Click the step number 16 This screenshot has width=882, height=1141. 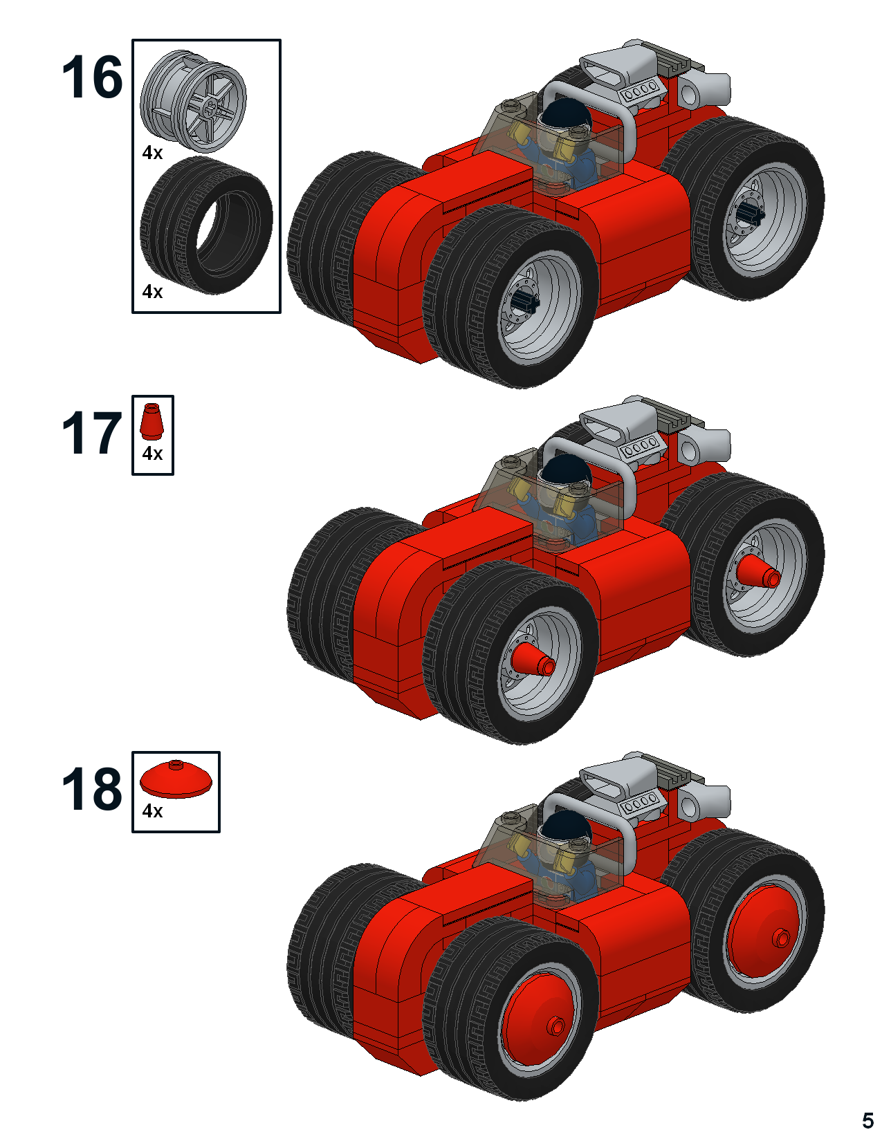[x=93, y=77]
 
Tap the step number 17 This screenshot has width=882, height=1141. [x=93, y=433]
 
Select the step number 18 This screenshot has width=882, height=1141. [x=93, y=788]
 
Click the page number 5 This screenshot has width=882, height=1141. [x=867, y=1120]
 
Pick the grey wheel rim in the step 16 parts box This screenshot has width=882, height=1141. [x=193, y=101]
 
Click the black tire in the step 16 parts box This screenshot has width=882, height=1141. [x=206, y=225]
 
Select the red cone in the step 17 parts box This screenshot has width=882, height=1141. [x=151, y=421]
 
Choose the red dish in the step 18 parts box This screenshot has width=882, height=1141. [x=176, y=779]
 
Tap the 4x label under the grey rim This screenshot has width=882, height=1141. [x=152, y=153]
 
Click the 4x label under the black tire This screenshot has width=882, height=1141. [x=152, y=291]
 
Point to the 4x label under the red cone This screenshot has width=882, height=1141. [x=152, y=453]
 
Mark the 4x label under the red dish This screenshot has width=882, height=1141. [x=152, y=810]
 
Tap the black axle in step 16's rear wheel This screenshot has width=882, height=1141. [x=751, y=212]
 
